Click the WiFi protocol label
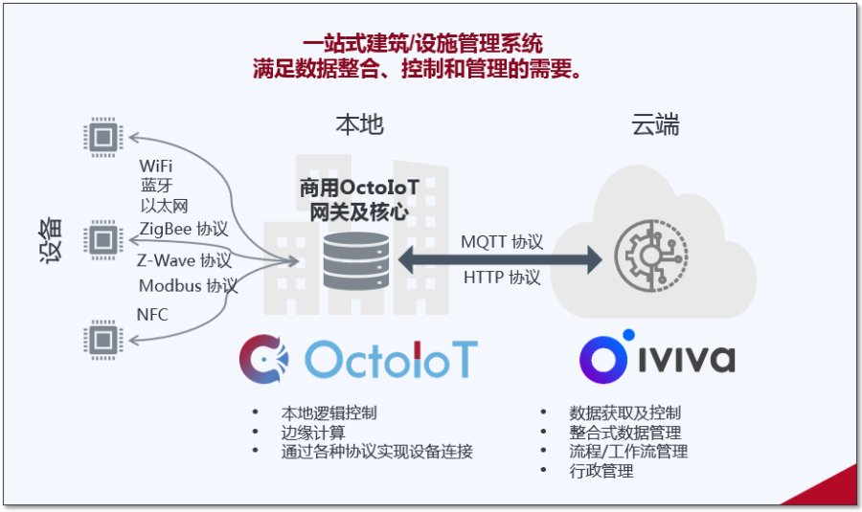[156, 167]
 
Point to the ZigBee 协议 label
[184, 229]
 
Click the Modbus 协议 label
[188, 285]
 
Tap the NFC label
[153, 313]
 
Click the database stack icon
[355, 259]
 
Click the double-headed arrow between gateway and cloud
[501, 259]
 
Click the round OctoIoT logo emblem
[263, 359]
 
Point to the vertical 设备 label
[54, 239]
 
